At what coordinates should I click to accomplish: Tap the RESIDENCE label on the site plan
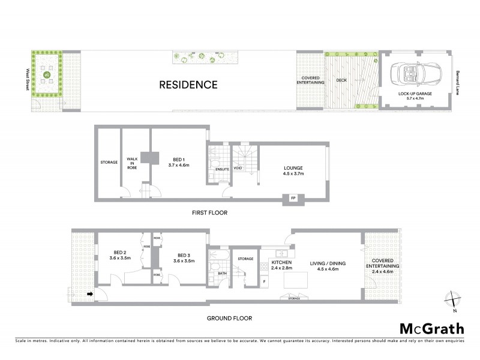pyautogui.click(x=188, y=85)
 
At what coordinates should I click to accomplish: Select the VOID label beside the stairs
pyautogui.click(x=238, y=169)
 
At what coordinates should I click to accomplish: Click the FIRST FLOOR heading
pyautogui.click(x=209, y=212)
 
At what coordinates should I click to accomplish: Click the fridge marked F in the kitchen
pyautogui.click(x=264, y=281)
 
